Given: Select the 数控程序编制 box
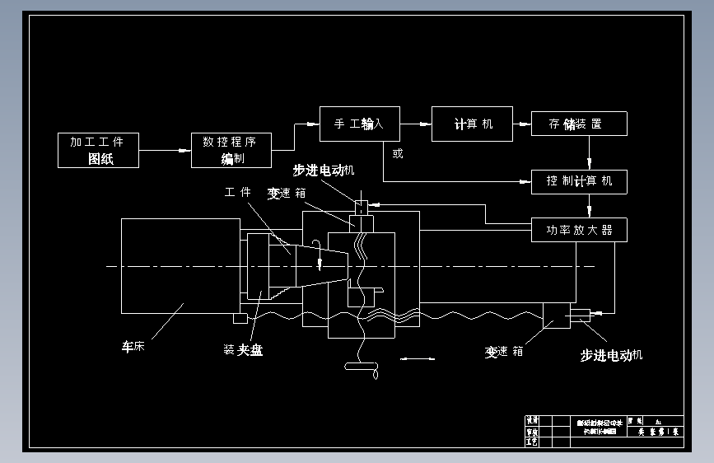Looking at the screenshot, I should [231, 150].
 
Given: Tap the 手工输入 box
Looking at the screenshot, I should [359, 124].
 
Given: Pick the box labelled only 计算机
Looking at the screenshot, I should [472, 124].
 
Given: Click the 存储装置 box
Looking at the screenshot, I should [579, 124].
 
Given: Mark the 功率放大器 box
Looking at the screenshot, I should [579, 230].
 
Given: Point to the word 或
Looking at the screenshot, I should [398, 152].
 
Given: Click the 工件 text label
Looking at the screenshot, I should [237, 192].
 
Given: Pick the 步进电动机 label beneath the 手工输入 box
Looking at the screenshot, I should [324, 170].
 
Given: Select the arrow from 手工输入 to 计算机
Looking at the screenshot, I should [416, 124].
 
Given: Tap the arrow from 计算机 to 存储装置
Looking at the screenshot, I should [522, 124].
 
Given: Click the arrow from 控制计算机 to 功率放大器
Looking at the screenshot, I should [589, 206].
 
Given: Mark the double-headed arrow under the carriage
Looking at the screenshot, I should [417, 358].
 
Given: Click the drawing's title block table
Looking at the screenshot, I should [604, 431].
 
